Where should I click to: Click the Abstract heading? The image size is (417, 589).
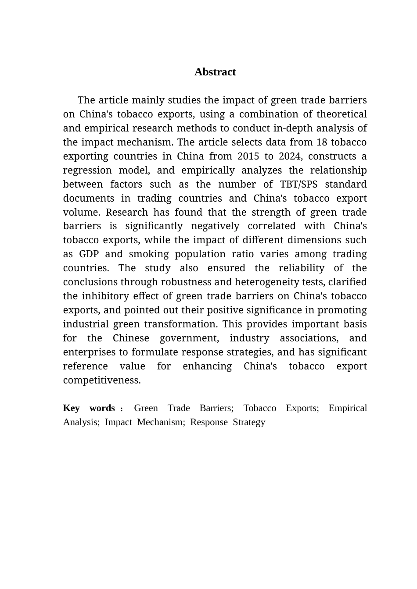tap(215, 72)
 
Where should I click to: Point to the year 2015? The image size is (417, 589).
tap(248, 156)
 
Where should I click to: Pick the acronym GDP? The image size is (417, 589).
tap(89, 254)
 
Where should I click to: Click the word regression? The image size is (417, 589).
tap(87, 170)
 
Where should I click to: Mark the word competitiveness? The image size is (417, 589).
tap(102, 380)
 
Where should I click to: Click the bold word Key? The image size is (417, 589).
tap(71, 408)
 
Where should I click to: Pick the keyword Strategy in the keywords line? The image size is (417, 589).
tap(249, 422)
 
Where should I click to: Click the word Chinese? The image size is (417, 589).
tap(131, 338)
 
